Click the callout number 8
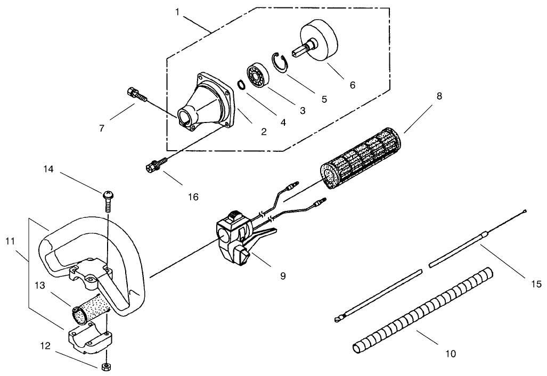click(439, 96)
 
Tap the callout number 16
click(193, 197)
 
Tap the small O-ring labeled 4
click(241, 84)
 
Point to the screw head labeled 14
click(107, 195)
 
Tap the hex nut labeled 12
click(106, 366)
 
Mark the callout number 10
click(451, 353)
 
